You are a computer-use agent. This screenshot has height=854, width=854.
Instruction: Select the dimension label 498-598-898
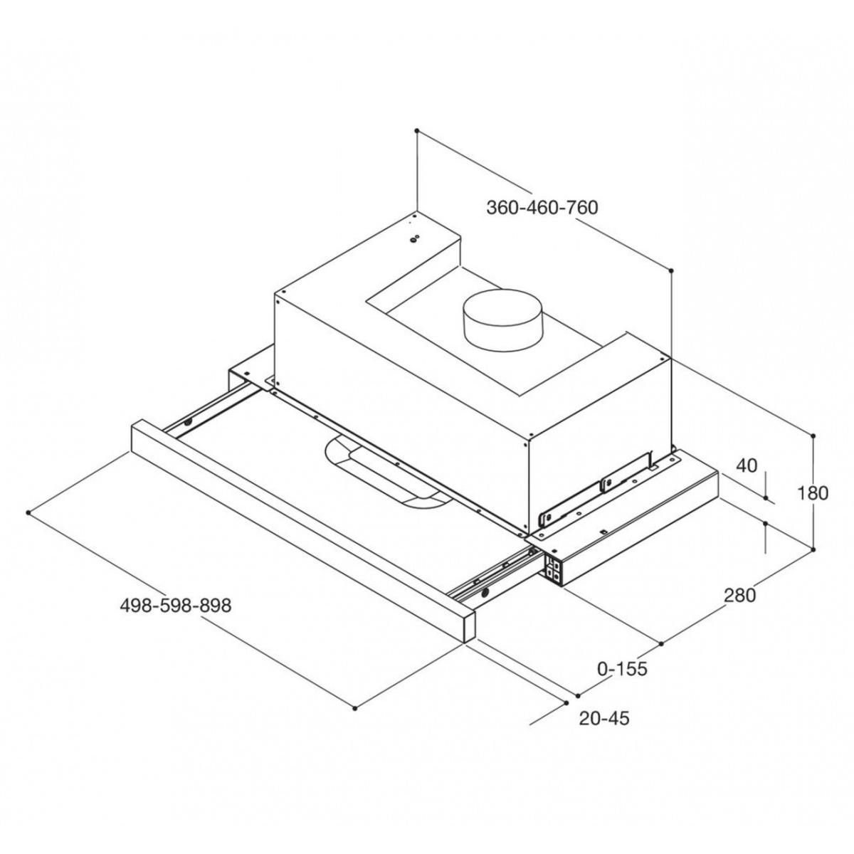tap(176, 606)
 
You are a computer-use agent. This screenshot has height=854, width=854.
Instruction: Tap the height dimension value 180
tap(812, 492)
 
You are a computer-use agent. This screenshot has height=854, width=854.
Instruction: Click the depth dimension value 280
tap(739, 596)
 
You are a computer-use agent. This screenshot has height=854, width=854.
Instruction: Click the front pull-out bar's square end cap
tap(469, 625)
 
